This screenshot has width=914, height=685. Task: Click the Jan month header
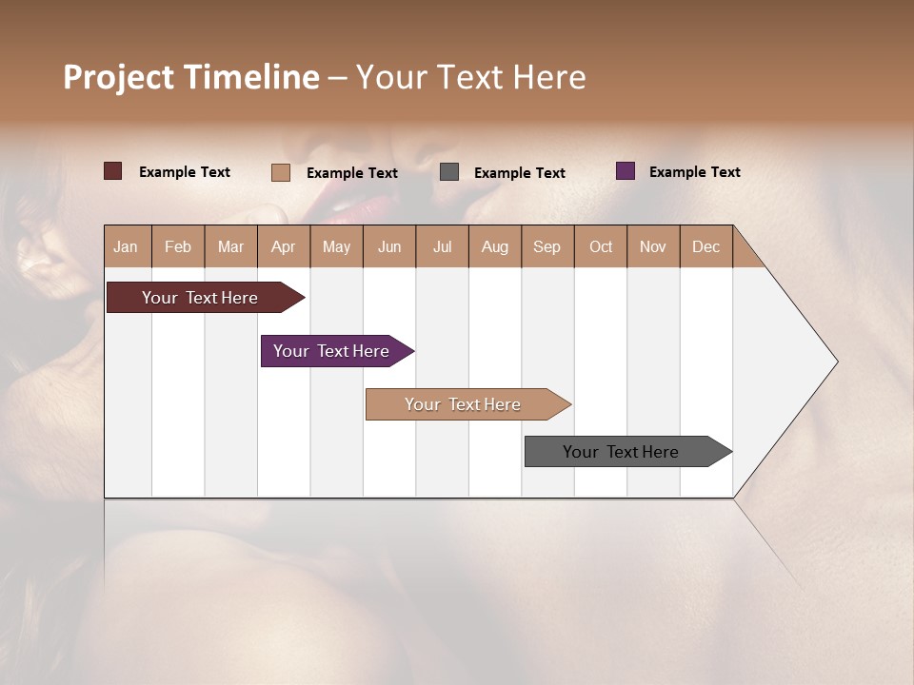point(127,246)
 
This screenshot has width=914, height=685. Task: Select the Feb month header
point(178,246)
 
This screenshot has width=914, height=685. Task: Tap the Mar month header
point(230,246)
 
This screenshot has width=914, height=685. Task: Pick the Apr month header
point(284,246)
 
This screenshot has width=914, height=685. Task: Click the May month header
point(336,246)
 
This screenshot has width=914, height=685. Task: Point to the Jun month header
point(389,246)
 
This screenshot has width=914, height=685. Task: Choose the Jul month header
point(442,246)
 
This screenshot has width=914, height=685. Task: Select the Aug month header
point(495,246)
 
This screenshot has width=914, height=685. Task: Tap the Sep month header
point(547,246)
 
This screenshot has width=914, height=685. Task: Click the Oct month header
point(601,246)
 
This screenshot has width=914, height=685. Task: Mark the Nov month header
point(653,246)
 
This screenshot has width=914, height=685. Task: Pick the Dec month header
point(706,246)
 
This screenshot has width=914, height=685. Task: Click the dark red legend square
point(113,171)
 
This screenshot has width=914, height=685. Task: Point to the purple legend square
point(626,171)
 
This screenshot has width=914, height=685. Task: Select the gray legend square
point(449,172)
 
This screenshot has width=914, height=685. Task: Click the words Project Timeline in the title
point(191,77)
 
